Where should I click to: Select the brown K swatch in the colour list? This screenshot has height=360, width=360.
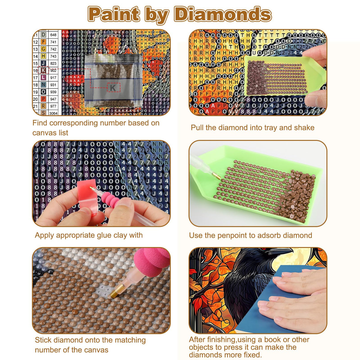click(x=44, y=71)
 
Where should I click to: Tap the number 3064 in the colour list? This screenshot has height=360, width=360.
click(x=53, y=113)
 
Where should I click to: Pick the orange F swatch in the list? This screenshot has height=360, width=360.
click(x=44, y=42)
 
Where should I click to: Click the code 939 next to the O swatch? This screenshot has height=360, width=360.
click(x=53, y=92)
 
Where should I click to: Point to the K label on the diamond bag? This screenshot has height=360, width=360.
click(x=113, y=88)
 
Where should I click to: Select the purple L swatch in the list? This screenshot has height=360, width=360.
click(x=44, y=78)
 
